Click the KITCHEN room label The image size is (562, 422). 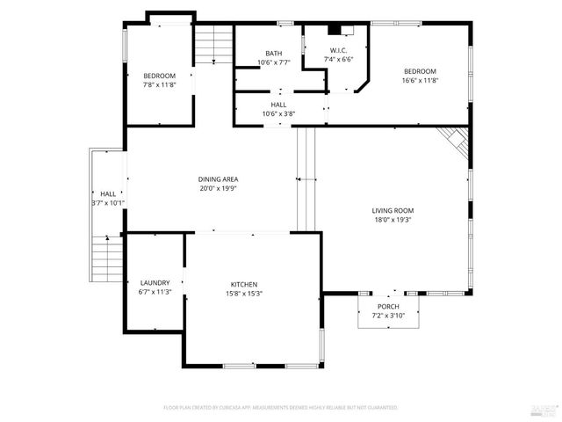(244, 284)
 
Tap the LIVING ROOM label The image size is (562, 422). (393, 210)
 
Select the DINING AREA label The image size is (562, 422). (218, 178)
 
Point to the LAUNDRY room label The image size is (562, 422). (155, 282)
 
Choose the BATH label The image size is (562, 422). (272, 53)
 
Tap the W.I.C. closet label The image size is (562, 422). (340, 50)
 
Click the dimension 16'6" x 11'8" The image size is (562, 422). (420, 80)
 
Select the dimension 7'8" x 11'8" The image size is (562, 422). (160, 84)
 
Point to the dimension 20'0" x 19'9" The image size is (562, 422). (218, 187)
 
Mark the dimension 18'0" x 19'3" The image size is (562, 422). (393, 220)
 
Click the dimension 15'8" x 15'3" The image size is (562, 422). (244, 293)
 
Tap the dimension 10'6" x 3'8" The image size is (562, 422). (278, 113)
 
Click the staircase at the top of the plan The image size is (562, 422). (214, 44)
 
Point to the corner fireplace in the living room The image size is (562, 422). (455, 137)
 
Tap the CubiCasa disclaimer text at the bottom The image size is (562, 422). (281, 408)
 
